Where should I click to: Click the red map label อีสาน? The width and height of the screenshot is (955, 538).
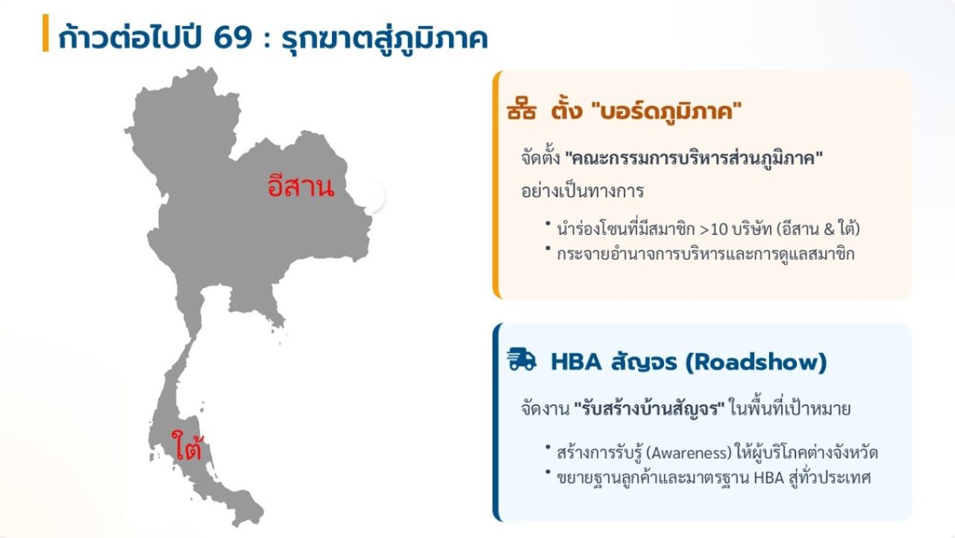pos(301,186)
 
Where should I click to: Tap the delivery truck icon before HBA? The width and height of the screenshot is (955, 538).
pos(522,360)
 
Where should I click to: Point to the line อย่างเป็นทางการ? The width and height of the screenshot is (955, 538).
pos(582,191)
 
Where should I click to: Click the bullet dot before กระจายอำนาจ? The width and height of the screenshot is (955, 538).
pos(548,248)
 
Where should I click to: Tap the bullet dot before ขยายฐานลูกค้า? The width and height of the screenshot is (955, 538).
pos(548,472)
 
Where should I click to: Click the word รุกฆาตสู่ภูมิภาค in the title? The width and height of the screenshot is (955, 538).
pos(385,37)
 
